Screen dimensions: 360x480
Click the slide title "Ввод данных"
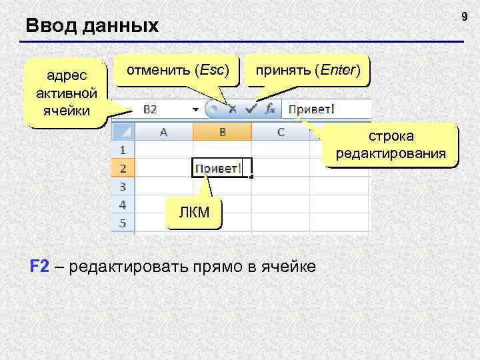tap(92, 26)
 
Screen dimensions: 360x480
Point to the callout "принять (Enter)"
tap(307, 69)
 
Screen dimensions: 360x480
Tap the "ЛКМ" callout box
tap(193, 212)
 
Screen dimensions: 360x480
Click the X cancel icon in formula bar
tap(233, 109)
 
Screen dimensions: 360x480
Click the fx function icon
tap(270, 109)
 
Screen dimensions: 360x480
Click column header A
tap(163, 131)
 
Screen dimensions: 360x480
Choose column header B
tap(221, 131)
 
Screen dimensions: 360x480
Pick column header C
tap(281, 131)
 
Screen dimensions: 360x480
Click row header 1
tap(123, 149)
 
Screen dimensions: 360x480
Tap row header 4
tap(123, 204)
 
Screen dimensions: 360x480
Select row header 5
tap(123, 223)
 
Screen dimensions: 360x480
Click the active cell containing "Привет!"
tap(219, 168)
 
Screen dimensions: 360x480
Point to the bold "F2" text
tap(40, 267)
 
